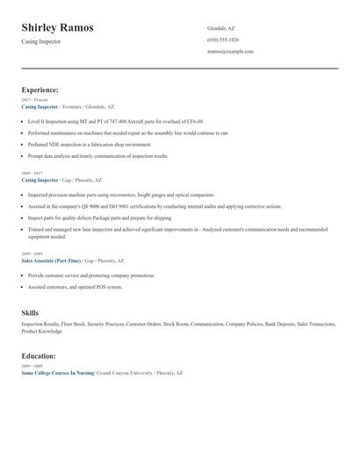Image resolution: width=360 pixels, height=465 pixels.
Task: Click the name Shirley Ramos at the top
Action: pyautogui.click(x=58, y=28)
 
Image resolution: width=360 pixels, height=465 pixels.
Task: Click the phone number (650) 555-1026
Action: pyautogui.click(x=223, y=39)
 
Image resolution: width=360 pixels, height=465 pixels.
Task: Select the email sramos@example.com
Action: pyautogui.click(x=230, y=52)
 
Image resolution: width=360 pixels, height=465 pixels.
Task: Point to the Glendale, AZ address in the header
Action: pyautogui.click(x=220, y=28)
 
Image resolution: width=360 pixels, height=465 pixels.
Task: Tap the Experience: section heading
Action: pyautogui.click(x=40, y=89)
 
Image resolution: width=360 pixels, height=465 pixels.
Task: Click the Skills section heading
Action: pyautogui.click(x=30, y=311)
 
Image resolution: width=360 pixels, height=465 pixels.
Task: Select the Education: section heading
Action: pyautogui.click(x=39, y=356)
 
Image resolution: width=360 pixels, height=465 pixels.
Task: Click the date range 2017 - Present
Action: pyautogui.click(x=35, y=100)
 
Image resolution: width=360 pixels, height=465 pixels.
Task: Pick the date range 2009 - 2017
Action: pyautogui.click(x=32, y=174)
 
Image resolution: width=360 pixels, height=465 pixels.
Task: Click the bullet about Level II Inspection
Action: pyautogui.click(x=115, y=121)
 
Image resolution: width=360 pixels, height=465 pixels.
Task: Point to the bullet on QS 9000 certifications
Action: pyautogui.click(x=155, y=206)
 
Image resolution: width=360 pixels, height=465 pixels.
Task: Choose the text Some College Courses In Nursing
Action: pyautogui.click(x=56, y=373)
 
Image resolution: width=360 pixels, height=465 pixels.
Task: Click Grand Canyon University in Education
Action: pyautogui.click(x=123, y=373)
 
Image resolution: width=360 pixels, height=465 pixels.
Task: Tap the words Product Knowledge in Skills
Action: pyautogui.click(x=42, y=332)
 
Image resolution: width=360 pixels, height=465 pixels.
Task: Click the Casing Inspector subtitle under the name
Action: pyautogui.click(x=41, y=41)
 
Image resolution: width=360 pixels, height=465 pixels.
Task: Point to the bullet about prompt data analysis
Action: pyautogui.click(x=97, y=155)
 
